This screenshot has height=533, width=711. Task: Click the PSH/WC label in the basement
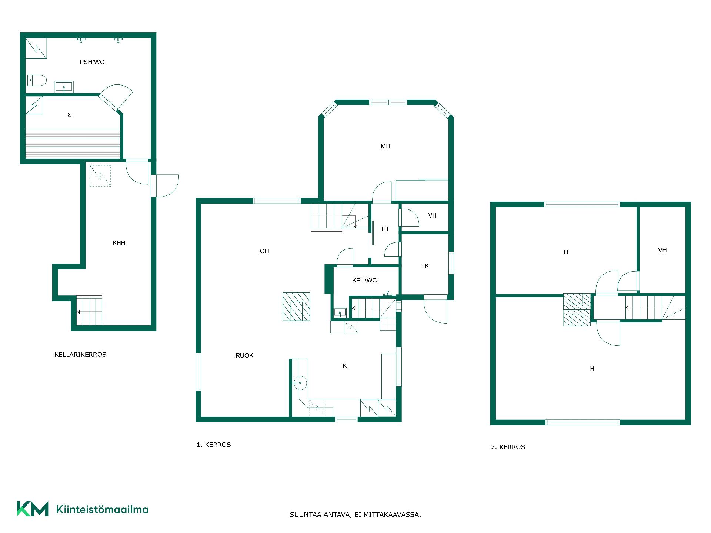[92, 62]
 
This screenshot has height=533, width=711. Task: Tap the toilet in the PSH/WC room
[37, 80]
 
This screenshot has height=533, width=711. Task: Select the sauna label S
[70, 115]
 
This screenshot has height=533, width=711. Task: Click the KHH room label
[119, 243]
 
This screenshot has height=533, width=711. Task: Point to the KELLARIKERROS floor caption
[80, 354]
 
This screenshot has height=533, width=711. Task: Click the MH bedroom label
[385, 146]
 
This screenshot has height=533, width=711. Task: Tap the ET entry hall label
[385, 229]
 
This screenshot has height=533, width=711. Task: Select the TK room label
[425, 266]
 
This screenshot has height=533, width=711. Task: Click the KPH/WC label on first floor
[364, 280]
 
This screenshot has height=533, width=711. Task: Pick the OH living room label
[264, 251]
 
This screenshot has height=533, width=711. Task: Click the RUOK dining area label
[244, 355]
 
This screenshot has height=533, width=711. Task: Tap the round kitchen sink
[300, 383]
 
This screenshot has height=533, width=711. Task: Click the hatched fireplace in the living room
[296, 306]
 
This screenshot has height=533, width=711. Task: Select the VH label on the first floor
[432, 215]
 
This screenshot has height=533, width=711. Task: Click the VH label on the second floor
[662, 250]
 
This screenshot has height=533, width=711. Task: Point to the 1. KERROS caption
[214, 445]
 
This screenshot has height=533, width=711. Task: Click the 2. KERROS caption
[508, 447]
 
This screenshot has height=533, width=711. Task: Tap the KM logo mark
[33, 509]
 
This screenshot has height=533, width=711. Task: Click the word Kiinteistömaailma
[102, 509]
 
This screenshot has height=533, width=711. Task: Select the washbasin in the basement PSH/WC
[64, 87]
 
